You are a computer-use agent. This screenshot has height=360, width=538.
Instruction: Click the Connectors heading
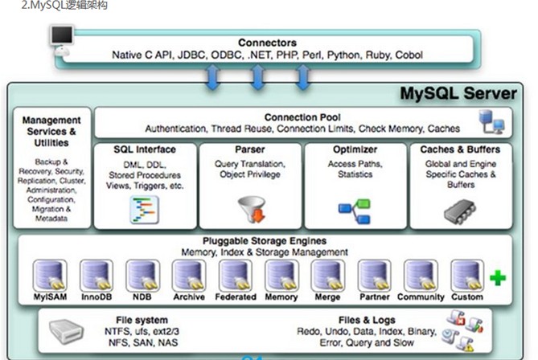(x=268, y=43)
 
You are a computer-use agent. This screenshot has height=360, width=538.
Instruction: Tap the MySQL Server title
(x=458, y=94)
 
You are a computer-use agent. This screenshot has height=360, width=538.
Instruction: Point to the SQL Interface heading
(x=146, y=149)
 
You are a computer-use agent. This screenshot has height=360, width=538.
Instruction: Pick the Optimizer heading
(x=355, y=149)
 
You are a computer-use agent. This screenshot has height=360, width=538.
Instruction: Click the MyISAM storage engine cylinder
(x=50, y=275)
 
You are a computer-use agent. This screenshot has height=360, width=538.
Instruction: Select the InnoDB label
(x=97, y=297)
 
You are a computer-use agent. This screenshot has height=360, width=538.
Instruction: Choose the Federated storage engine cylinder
(x=235, y=275)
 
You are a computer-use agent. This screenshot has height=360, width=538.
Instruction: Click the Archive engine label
(x=188, y=297)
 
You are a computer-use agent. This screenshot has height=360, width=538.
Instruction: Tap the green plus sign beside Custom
(x=498, y=279)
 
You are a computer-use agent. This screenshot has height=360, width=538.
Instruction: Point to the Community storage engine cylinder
(x=421, y=275)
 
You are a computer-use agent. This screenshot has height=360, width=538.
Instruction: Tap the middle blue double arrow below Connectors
(x=257, y=78)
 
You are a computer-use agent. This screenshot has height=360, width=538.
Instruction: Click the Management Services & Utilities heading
(x=51, y=131)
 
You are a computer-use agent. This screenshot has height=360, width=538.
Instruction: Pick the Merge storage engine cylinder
(x=327, y=275)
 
